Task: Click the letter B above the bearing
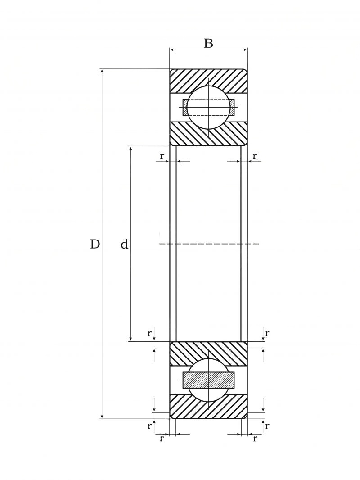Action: point(208,44)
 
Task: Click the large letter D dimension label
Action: point(95,245)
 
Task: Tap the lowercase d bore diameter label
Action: point(124,245)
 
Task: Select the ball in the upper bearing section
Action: point(208,108)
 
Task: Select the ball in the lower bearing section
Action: point(208,380)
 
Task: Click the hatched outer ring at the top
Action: point(208,81)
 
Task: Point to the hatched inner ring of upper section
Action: point(208,134)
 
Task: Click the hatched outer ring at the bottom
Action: point(208,407)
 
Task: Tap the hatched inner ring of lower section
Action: point(208,353)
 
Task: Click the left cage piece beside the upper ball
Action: point(185,108)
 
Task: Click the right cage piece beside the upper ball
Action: point(232,108)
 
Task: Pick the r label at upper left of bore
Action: point(162,156)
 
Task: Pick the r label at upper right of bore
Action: point(255,156)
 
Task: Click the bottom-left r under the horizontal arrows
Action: point(162,439)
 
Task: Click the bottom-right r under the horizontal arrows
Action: point(255,439)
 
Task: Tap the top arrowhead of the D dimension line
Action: point(102,71)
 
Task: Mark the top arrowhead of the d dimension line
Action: point(131,149)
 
